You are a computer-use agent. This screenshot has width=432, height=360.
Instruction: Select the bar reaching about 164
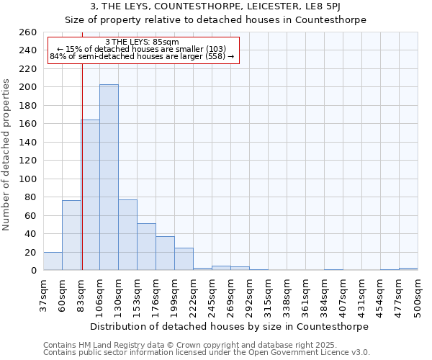point(91,194)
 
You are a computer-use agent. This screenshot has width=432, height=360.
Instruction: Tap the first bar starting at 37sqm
point(53,261)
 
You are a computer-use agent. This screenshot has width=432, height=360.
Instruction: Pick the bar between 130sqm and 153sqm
point(127,235)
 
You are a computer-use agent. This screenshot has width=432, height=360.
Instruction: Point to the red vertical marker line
point(82,144)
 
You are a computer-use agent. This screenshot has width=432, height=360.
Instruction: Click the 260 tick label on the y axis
point(27,32)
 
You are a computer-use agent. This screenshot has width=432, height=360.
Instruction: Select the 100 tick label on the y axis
point(27,179)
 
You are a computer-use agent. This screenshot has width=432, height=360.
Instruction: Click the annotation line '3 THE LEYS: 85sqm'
point(142,42)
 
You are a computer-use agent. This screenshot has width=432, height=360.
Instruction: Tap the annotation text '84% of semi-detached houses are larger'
point(142,56)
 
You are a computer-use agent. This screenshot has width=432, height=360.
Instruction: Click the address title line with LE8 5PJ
point(216,7)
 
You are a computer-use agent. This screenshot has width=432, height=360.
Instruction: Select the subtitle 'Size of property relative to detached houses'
point(216,20)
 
